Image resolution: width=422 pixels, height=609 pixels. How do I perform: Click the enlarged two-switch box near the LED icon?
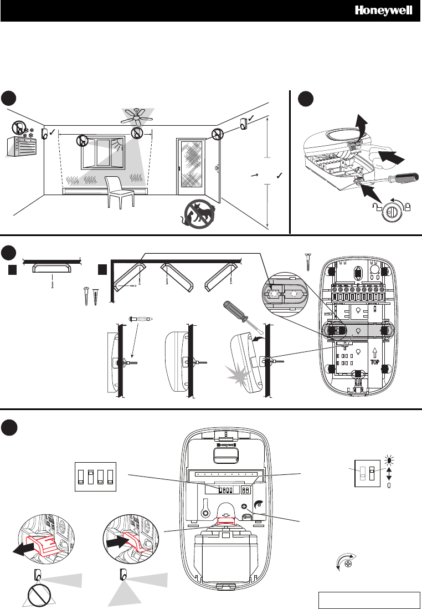click(367, 473)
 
